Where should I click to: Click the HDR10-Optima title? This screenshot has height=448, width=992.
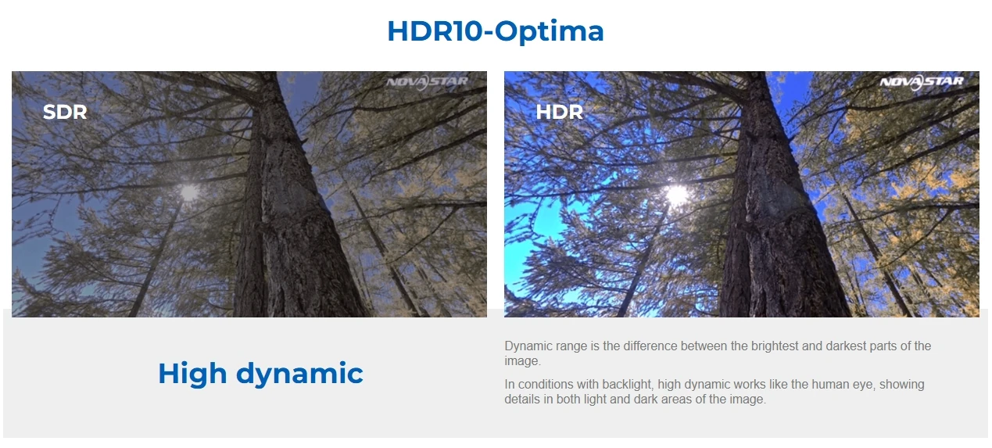496,31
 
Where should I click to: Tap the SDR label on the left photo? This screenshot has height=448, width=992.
65,112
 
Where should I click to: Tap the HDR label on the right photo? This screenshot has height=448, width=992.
559,112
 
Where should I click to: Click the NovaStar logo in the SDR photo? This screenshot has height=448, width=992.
427,82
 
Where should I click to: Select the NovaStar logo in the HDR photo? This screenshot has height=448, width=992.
921,82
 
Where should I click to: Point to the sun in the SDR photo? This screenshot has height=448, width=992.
189,193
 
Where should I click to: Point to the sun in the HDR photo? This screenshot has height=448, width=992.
677,194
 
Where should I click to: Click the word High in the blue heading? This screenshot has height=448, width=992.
192,373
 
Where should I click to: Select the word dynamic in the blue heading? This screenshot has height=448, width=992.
299,374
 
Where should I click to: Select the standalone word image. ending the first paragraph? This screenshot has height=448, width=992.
522,361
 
